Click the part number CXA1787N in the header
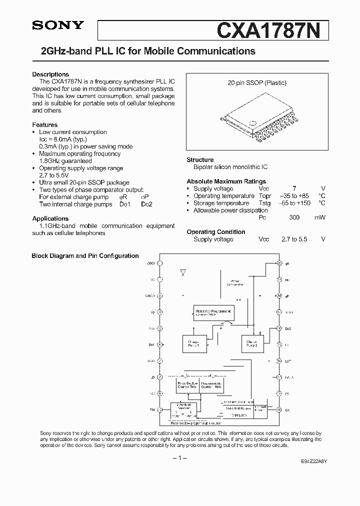pos(272,30)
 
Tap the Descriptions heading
pos(50,74)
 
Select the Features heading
pos(44,125)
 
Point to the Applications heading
pos(50,218)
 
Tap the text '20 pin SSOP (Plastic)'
pos(257,83)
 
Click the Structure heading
pos(200,160)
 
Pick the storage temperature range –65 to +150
pos(295,203)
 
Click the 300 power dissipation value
pos(294,218)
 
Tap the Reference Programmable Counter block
pos(214,313)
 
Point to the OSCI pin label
pos(150,263)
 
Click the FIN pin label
pos(151,409)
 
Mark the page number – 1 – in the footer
pos(179,458)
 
